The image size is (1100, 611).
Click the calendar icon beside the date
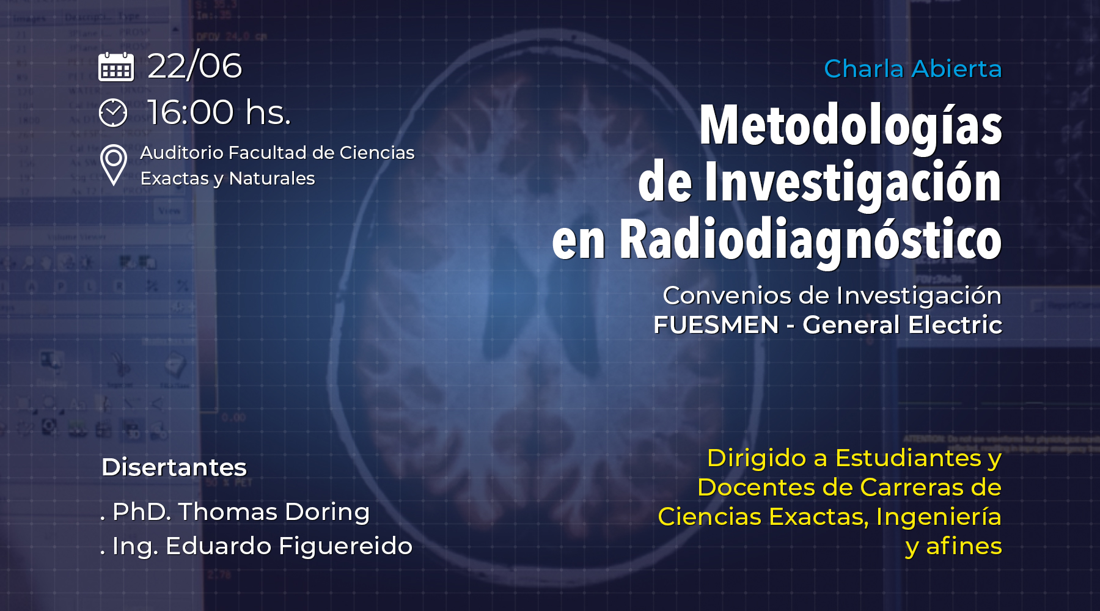point(116,67)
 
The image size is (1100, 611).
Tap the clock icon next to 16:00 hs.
point(113,112)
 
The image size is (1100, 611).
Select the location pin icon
point(114,165)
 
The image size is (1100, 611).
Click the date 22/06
point(195,66)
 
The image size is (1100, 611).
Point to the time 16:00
point(191,112)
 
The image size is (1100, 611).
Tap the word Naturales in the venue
point(272,178)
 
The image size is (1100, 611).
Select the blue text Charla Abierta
point(913,68)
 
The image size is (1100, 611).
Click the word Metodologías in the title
point(851,126)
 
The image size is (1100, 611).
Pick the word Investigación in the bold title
point(853,181)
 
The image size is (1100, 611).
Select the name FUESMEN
point(716,325)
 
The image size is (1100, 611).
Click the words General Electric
point(903,325)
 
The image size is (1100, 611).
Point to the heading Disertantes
point(174,467)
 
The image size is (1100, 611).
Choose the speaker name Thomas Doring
point(274,512)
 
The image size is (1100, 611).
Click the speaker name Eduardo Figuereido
point(289,546)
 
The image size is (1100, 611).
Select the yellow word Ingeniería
point(939,517)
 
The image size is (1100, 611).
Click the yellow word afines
point(964,546)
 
